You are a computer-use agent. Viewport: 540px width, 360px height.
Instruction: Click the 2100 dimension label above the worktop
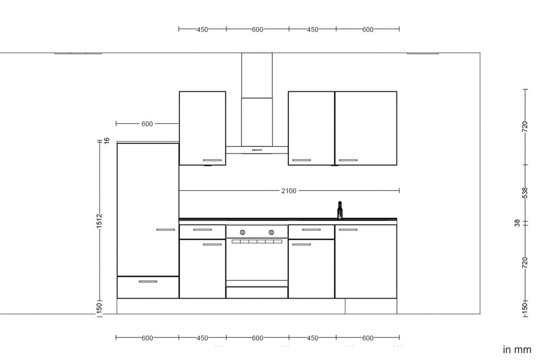[x=289, y=191]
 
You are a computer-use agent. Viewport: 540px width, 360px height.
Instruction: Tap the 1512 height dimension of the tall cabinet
[x=99, y=220]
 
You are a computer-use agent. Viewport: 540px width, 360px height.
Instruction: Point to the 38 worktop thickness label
[x=517, y=222]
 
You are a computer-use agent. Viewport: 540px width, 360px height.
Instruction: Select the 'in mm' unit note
[x=517, y=350]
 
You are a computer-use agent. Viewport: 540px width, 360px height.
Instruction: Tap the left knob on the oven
[x=243, y=232]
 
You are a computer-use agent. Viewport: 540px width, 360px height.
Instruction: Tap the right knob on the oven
[x=271, y=232]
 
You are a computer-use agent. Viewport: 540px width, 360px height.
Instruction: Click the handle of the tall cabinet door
[x=166, y=229]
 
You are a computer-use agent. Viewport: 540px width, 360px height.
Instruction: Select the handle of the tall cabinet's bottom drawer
[x=148, y=281]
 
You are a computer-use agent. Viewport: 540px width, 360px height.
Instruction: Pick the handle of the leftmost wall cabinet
[x=212, y=160]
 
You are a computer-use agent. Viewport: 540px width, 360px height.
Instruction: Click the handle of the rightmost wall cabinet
[x=348, y=160]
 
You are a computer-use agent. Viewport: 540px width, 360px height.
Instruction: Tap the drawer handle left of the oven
[x=202, y=230]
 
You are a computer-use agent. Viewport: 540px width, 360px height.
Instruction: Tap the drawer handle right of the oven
[x=311, y=230]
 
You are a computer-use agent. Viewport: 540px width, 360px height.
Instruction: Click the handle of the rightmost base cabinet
[x=348, y=230]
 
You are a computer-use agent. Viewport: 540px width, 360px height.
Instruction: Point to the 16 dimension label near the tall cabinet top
[x=107, y=140]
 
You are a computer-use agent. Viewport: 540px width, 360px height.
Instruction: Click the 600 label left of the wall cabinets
[x=147, y=124]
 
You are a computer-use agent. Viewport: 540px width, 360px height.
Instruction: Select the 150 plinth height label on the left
[x=99, y=308]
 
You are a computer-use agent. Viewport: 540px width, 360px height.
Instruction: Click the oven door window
[x=256, y=261]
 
